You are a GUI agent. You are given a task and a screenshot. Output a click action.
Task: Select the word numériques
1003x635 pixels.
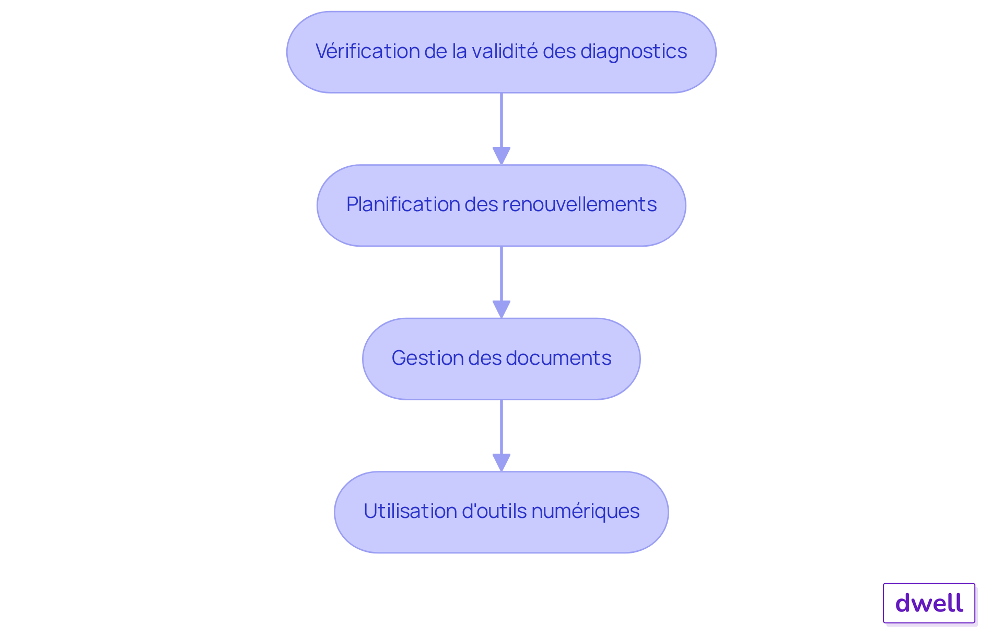pyautogui.click(x=585, y=511)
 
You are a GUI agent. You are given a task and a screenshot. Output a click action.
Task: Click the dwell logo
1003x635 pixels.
pyautogui.click(x=929, y=603)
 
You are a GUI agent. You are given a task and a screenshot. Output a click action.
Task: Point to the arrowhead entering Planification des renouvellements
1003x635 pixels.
pyautogui.click(x=501, y=156)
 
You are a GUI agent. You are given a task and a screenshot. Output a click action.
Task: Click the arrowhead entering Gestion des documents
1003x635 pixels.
pyautogui.click(x=501, y=309)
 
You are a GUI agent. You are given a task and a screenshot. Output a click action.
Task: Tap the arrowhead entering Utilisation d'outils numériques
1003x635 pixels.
pyautogui.click(x=501, y=463)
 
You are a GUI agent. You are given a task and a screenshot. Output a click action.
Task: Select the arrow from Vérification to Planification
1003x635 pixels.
pyautogui.click(x=501, y=120)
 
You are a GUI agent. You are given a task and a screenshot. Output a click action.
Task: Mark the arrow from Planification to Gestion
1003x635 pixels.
pyautogui.click(x=501, y=273)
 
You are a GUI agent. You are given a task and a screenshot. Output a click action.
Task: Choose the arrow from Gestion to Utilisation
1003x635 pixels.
pyautogui.click(x=501, y=426)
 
